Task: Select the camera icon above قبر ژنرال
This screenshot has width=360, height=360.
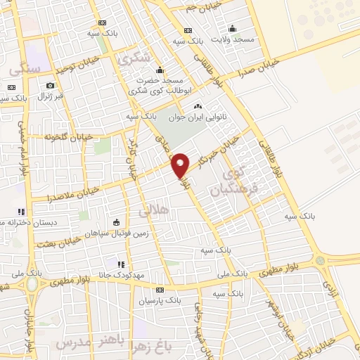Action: tap(11, 86)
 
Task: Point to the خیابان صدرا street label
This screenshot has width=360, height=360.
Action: tap(259, 68)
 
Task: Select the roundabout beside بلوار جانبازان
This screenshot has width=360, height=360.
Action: tap(32, 283)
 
